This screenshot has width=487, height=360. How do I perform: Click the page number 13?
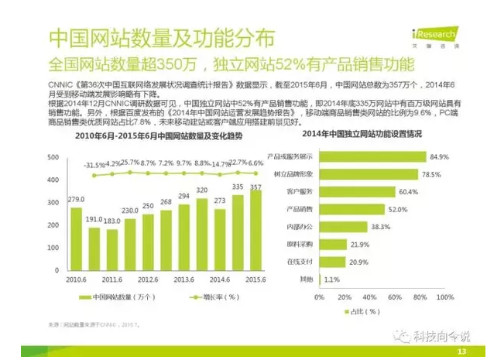tap(462, 351)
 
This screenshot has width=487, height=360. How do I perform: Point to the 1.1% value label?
tap(331, 279)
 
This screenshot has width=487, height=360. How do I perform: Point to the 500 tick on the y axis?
tap(53, 158)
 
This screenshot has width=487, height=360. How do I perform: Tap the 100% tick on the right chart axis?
tap(448, 297)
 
